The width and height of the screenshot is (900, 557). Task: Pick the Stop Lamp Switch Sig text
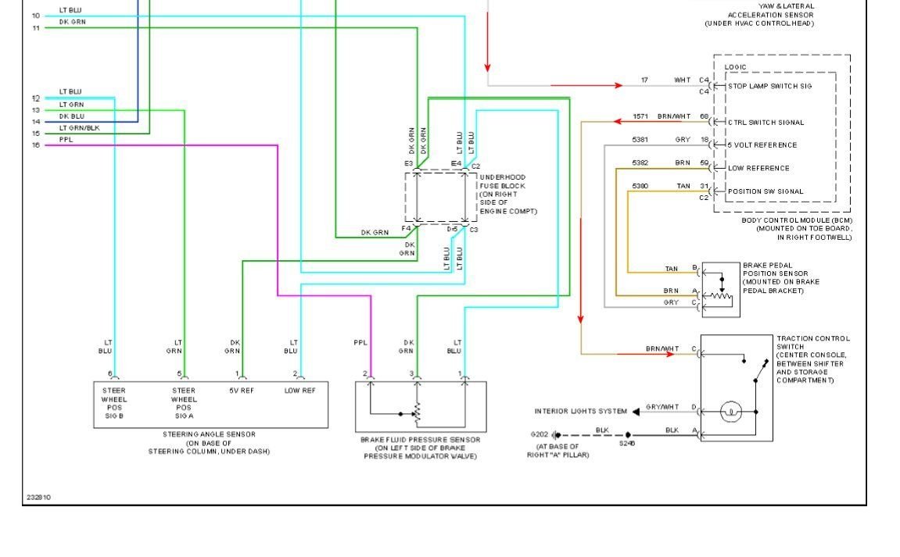click(x=769, y=86)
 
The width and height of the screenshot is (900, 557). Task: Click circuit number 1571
click(x=641, y=116)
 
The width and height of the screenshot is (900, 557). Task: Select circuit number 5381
click(x=640, y=139)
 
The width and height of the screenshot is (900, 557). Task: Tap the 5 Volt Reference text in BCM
click(x=762, y=145)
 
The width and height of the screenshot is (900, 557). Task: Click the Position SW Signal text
click(x=766, y=191)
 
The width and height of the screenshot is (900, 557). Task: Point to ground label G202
click(x=540, y=434)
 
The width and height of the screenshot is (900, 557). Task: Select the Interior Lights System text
click(x=580, y=411)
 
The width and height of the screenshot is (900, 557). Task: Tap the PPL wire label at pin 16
click(x=66, y=139)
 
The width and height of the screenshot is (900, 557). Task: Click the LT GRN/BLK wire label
click(x=79, y=127)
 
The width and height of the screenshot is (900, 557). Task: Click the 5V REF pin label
click(x=241, y=390)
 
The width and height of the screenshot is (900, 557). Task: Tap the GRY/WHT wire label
click(x=662, y=407)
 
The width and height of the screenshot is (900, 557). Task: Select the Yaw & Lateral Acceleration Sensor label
click(x=759, y=15)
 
